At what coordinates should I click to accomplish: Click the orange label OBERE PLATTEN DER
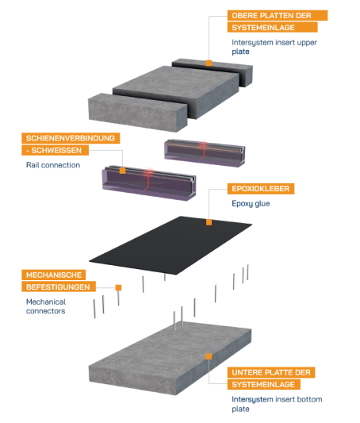(278, 15)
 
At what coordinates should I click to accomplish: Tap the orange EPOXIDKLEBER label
(261, 189)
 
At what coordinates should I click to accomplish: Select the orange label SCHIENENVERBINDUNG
(71, 138)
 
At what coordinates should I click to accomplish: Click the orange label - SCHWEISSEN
(55, 150)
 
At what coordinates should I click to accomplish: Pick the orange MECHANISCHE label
(54, 275)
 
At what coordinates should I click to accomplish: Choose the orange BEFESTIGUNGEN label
(59, 286)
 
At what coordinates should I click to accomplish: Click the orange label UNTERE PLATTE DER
(271, 372)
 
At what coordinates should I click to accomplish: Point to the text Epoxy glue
(251, 204)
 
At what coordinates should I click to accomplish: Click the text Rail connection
(53, 165)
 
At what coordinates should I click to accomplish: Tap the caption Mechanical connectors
(46, 306)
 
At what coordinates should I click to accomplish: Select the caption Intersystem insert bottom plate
(277, 404)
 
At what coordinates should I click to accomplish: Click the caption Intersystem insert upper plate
(274, 47)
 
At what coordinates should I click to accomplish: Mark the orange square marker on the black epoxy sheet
(209, 222)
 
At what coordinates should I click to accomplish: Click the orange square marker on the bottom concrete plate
(209, 356)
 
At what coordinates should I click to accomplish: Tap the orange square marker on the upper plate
(209, 63)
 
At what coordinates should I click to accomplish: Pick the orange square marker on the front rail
(122, 171)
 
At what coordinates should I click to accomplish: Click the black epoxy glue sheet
(170, 245)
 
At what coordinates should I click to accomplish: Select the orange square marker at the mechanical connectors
(118, 287)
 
